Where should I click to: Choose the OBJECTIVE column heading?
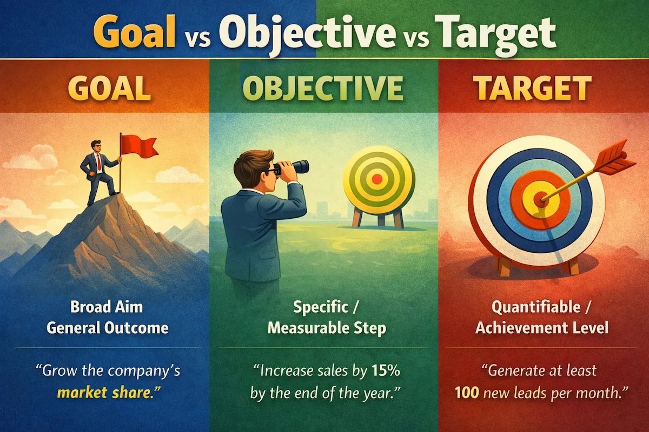tap(322, 89)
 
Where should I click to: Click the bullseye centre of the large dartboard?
tap(541, 199)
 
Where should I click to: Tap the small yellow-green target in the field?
tap(378, 178)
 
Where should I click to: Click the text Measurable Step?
tap(325, 328)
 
